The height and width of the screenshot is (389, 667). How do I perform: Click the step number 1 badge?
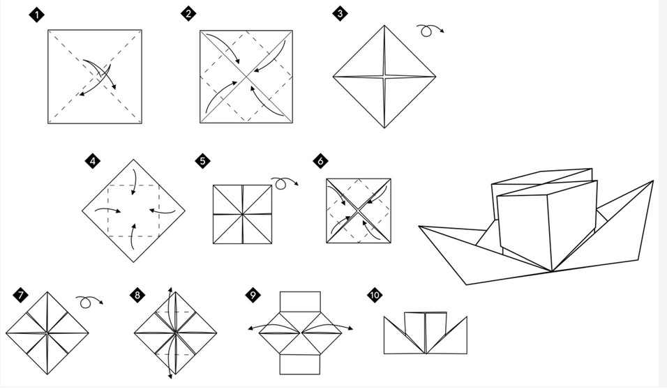[37, 15]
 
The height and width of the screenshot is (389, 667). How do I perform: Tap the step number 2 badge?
[188, 14]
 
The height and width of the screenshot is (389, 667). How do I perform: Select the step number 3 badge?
[340, 14]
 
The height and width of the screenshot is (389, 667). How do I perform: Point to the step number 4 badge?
[93, 161]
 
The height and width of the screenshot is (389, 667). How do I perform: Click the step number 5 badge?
[202, 161]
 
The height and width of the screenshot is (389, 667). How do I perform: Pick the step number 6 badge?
[320, 161]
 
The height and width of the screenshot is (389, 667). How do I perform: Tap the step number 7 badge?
[20, 295]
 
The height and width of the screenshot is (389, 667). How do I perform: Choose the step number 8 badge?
[137, 295]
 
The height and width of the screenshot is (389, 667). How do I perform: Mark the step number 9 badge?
[253, 295]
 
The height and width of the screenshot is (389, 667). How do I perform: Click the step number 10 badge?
[375, 295]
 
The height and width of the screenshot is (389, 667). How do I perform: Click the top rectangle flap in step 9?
[300, 302]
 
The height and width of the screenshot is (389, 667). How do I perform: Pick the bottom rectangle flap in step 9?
[300, 365]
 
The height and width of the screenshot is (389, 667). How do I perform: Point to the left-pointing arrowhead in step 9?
[250, 328]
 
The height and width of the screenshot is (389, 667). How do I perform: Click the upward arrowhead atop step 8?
[170, 291]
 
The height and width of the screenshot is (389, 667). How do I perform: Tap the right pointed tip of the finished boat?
[653, 181]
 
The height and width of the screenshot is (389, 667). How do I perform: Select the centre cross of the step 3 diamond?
[384, 77]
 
